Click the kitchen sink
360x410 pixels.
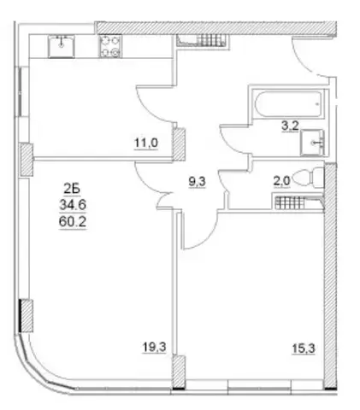[62, 46]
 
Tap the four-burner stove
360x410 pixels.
[110, 46]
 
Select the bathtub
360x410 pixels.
[288, 104]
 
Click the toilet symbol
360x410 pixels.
[310, 178]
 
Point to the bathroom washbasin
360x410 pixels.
[312, 142]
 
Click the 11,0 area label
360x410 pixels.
[146, 143]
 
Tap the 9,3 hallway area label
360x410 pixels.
[197, 181]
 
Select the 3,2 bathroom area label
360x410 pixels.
[290, 126]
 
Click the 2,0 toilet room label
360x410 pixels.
[281, 181]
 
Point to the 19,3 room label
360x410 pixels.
[154, 347]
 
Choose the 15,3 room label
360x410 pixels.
[304, 348]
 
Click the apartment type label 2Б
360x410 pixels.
[72, 189]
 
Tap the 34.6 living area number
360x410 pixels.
[73, 204]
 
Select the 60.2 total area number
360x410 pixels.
[73, 221]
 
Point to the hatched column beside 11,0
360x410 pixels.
[180, 143]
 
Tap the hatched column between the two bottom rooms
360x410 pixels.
[180, 372]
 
